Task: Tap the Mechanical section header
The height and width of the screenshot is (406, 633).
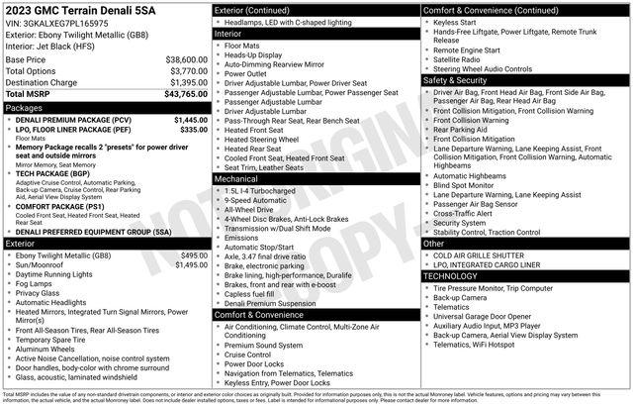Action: [236, 179]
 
